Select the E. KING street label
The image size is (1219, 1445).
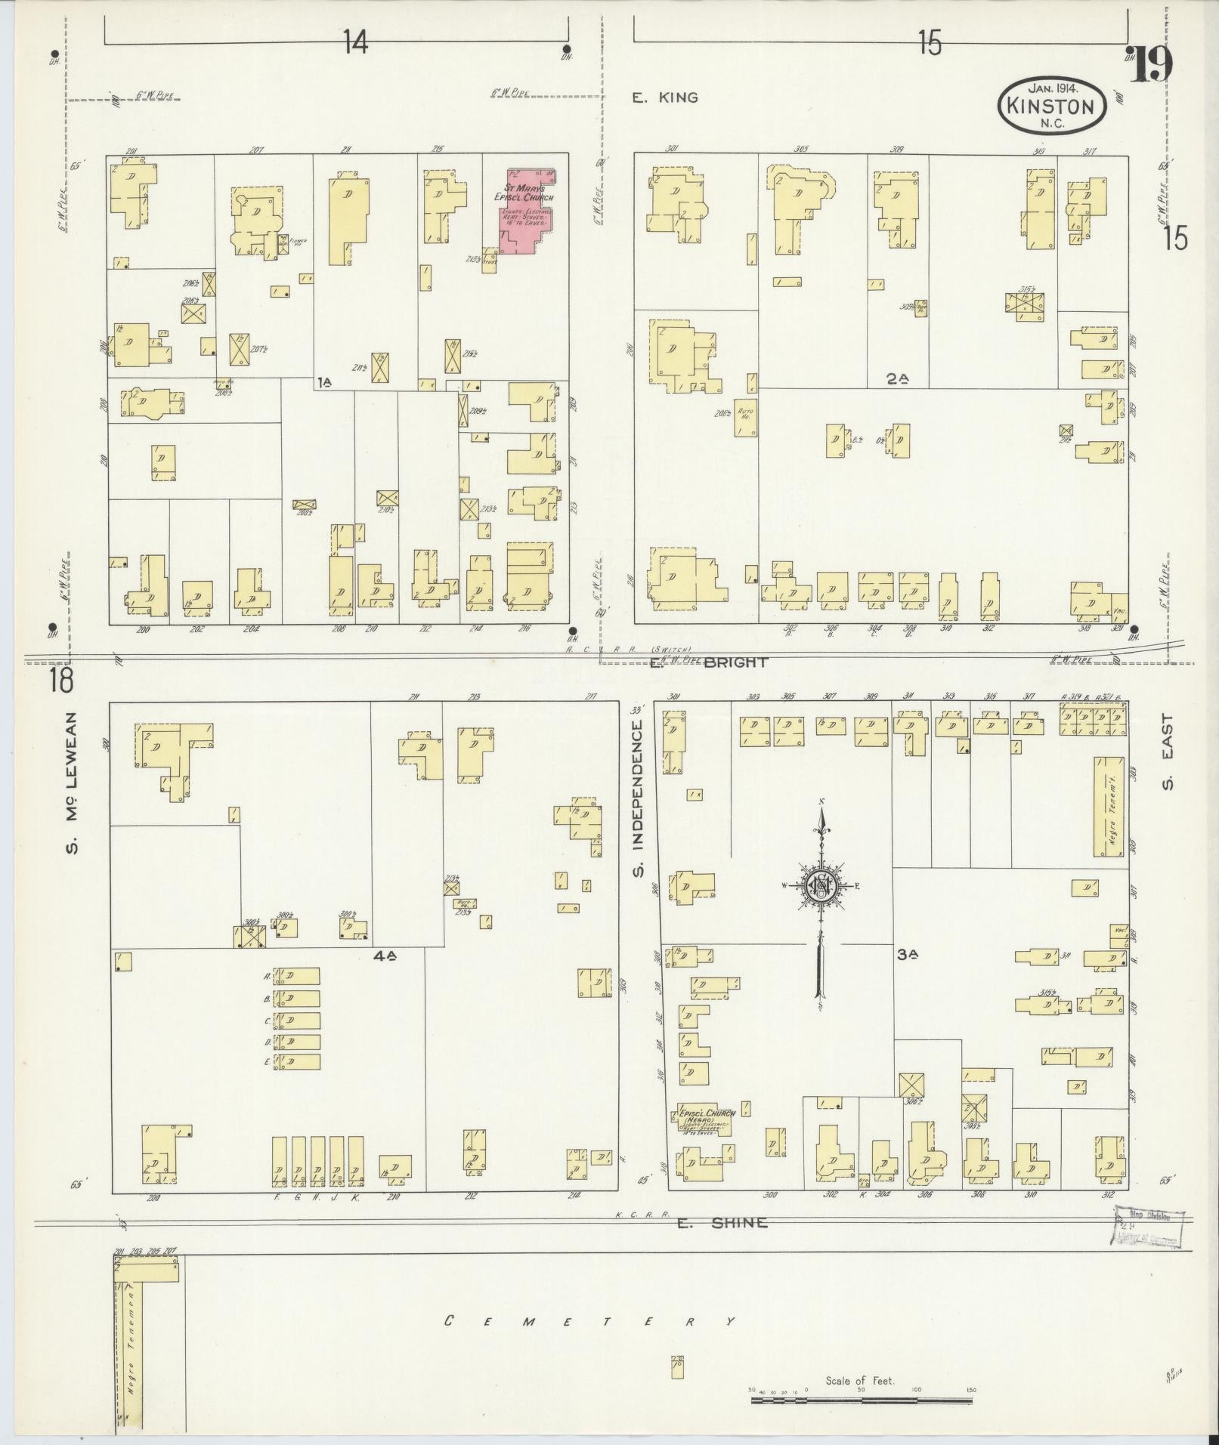pyautogui.click(x=665, y=97)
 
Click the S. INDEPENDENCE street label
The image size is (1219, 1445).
pyautogui.click(x=639, y=797)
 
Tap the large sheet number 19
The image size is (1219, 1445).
pyautogui.click(x=1151, y=66)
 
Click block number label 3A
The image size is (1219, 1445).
pyautogui.click(x=907, y=955)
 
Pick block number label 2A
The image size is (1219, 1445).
pyautogui.click(x=897, y=380)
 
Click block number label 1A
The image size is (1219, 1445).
pyautogui.click(x=324, y=383)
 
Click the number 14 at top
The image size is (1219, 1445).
pyautogui.click(x=355, y=43)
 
